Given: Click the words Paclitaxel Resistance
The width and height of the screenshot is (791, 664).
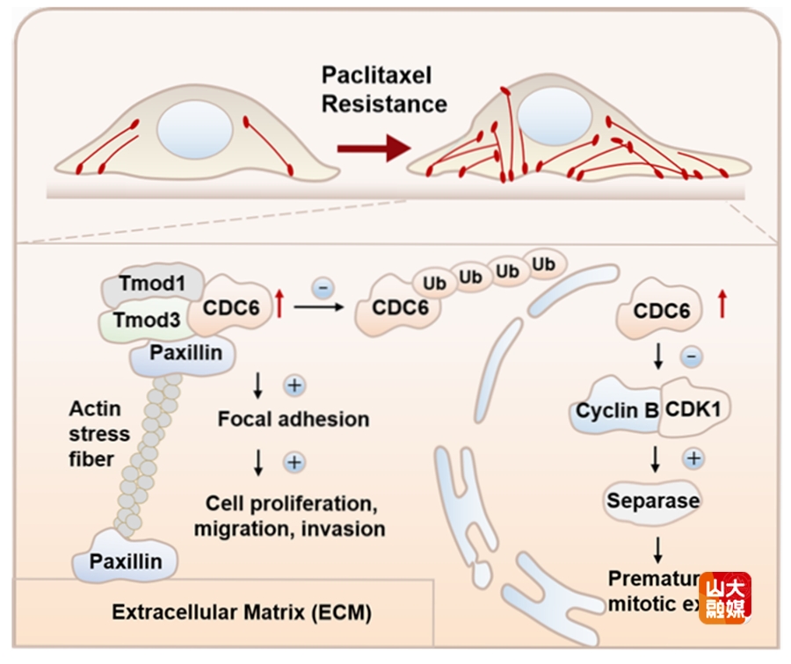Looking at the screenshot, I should (x=384, y=89).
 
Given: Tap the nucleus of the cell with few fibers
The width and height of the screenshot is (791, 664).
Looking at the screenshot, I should (x=194, y=129).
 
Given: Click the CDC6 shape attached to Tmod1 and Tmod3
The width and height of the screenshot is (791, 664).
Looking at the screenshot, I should (x=234, y=308).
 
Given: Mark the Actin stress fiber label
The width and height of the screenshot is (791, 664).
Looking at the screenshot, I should (x=100, y=434).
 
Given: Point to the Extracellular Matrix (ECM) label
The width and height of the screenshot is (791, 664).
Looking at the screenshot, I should (x=242, y=612).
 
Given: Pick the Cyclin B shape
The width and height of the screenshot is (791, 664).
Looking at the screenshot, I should (x=617, y=410).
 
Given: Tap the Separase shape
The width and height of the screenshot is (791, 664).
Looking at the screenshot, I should (x=653, y=501).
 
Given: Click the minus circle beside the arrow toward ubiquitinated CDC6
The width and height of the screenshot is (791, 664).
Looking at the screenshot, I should (x=323, y=287).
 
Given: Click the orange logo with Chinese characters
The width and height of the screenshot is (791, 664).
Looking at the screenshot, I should (x=725, y=597).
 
